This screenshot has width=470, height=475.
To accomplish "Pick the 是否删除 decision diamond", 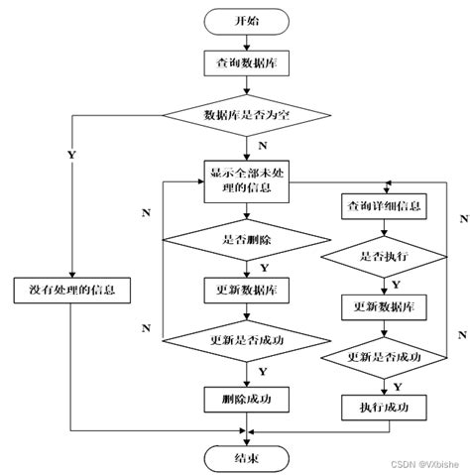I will (247, 239).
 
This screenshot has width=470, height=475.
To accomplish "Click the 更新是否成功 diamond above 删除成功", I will (247, 342).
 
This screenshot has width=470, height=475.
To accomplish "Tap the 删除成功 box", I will (247, 399).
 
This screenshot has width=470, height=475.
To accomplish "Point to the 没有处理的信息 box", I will (73, 291).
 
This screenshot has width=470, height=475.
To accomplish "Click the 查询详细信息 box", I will (382, 207).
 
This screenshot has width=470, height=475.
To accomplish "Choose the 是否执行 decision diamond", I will (382, 255).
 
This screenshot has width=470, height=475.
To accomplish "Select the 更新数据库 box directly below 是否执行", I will (382, 306).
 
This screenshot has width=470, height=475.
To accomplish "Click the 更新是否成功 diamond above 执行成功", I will (382, 356).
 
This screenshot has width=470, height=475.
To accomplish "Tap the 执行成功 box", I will (382, 407).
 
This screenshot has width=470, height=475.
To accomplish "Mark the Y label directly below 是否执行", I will (396, 284).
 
